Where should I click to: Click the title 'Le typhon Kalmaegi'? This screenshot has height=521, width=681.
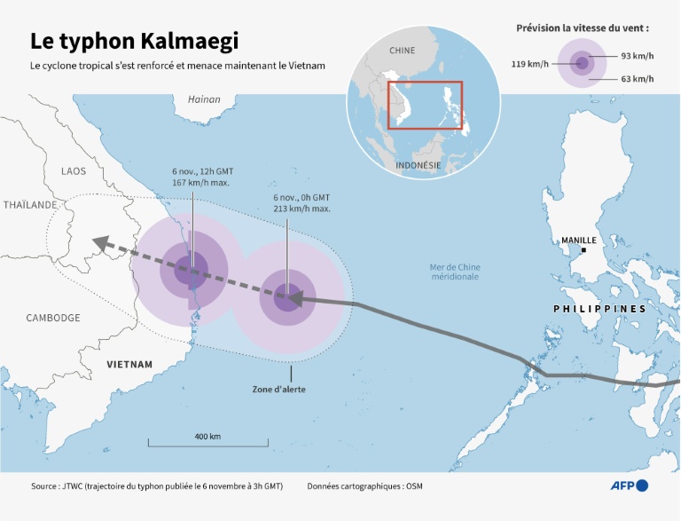point(134,41)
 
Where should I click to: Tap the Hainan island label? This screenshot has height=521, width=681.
point(204,99)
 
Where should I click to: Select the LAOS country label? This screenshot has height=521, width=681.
point(74,170)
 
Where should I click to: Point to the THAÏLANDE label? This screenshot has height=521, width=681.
point(30,204)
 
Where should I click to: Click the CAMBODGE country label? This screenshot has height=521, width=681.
point(53,318)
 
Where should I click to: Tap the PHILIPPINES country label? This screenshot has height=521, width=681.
point(599,309)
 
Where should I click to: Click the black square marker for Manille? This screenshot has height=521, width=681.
point(583,251)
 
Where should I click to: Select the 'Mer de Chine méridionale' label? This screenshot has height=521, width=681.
point(454,272)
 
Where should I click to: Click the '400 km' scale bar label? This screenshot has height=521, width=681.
point(207,437)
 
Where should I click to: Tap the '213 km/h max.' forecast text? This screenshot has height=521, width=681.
point(301,209)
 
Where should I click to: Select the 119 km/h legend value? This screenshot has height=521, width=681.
point(529,63)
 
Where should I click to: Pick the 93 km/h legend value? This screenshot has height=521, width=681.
point(637,56)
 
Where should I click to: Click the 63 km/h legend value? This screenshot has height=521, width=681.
point(637,80)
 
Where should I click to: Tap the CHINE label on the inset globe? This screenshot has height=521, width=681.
point(402,51)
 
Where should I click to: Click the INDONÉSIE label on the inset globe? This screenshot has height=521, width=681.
point(417,165)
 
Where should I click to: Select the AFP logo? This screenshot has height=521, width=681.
point(628,485)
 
